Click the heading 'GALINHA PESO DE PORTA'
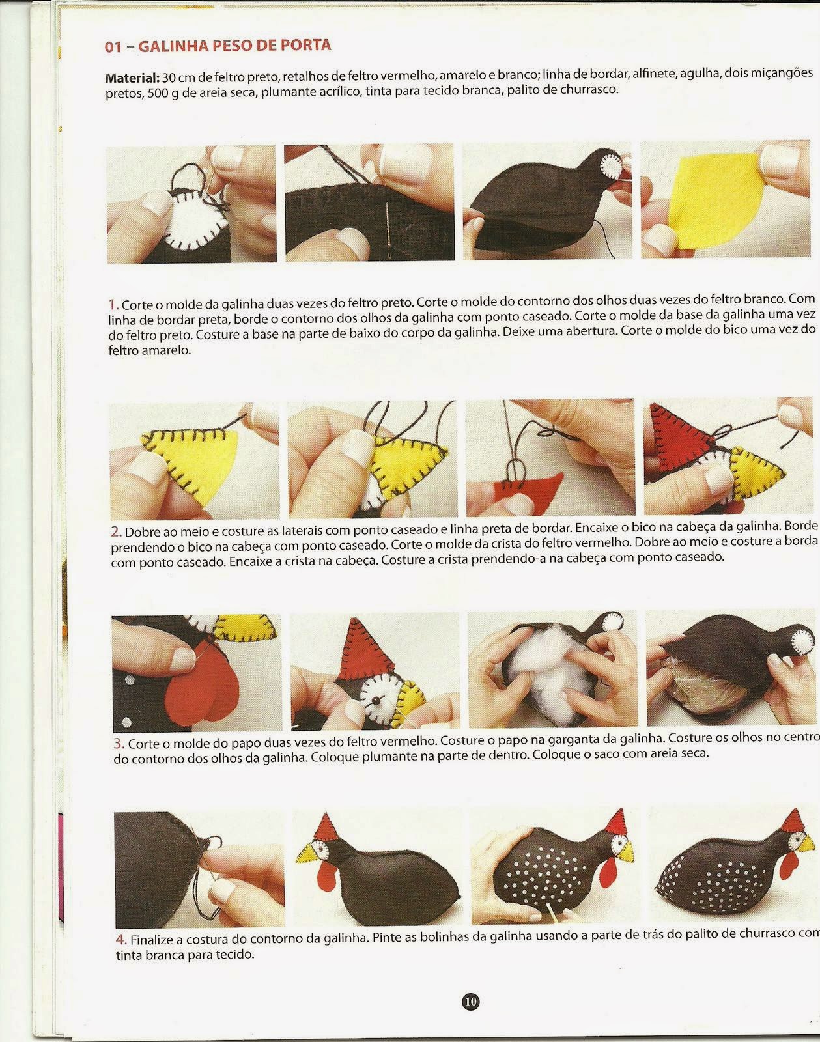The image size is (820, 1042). click(x=235, y=46)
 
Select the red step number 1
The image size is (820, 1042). click(x=113, y=305)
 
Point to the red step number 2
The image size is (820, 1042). click(x=116, y=531)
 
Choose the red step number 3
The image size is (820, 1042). click(x=119, y=743)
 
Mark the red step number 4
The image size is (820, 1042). click(x=122, y=940)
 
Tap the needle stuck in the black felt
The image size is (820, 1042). click(x=389, y=225)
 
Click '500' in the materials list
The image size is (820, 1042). click(x=156, y=93)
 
